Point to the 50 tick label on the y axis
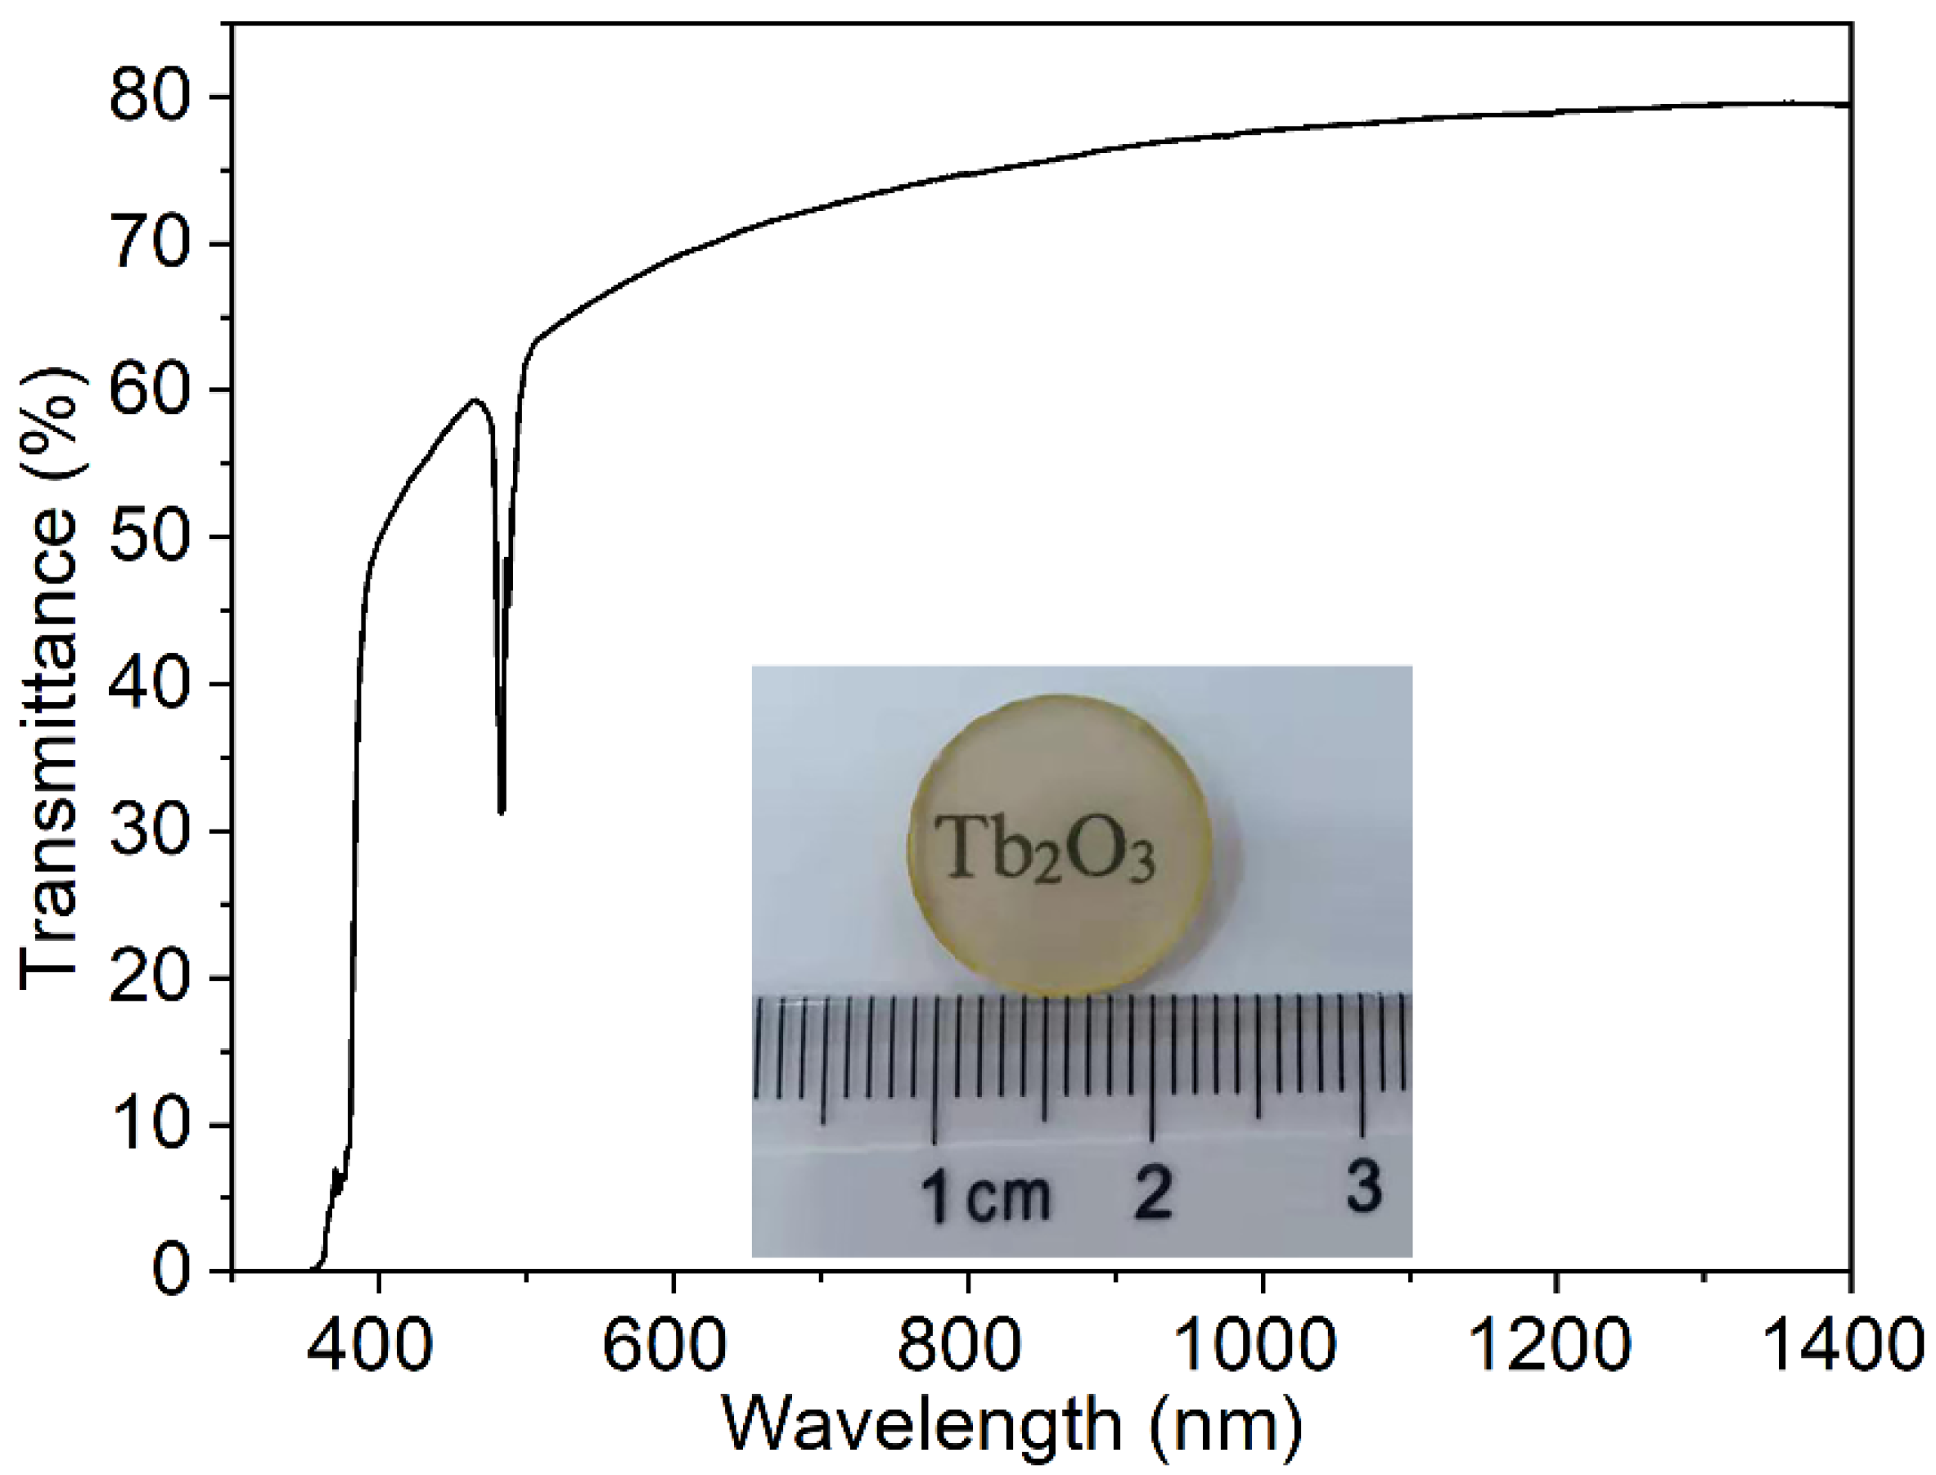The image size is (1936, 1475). (149, 537)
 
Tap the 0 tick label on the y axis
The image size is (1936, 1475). (171, 1271)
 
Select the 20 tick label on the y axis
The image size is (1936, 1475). (149, 978)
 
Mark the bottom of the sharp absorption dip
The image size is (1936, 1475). (502, 812)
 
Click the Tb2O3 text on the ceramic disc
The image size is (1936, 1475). (1043, 850)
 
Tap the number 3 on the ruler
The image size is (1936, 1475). (1363, 1186)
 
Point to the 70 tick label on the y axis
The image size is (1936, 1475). (149, 244)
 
